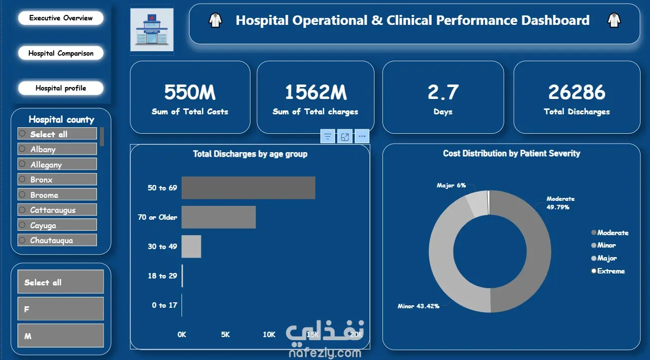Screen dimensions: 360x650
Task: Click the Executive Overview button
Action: [61, 18]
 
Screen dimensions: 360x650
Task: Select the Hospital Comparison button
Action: [61, 53]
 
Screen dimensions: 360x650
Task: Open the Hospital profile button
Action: [61, 88]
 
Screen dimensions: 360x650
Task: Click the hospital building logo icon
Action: [152, 29]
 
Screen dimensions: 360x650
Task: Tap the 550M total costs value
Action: [189, 92]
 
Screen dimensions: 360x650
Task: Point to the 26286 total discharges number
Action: [576, 92]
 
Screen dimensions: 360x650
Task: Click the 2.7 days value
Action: [443, 92]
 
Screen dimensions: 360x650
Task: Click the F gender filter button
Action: [60, 309]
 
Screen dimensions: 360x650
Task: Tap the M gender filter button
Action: [60, 336]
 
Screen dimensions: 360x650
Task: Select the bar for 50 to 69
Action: [248, 188]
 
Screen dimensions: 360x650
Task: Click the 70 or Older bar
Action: [218, 217]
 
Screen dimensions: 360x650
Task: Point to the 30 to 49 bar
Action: [191, 247]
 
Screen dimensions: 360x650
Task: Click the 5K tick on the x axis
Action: [225, 335]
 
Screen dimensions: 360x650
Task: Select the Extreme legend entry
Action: [611, 271]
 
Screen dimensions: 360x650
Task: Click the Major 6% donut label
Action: [451, 185]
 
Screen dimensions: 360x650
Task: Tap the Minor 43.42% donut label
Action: [418, 306]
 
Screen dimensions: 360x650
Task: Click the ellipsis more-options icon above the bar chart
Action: [362, 136]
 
